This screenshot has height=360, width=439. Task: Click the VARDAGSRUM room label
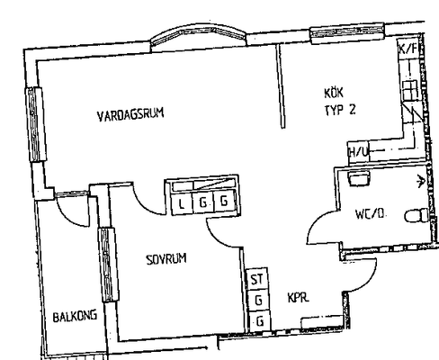[x=130, y=114]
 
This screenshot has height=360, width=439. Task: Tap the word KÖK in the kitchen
[x=334, y=93]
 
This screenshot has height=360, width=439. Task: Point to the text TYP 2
[x=340, y=110]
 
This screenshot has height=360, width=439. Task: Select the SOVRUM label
[x=166, y=259]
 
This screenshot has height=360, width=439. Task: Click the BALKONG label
[x=75, y=316]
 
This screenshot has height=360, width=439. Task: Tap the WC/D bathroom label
[x=370, y=214]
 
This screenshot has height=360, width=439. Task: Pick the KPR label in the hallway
[x=298, y=298]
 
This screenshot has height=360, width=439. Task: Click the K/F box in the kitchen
[x=408, y=49]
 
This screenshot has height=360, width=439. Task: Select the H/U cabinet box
[x=358, y=152]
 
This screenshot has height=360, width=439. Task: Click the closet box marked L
[x=182, y=203]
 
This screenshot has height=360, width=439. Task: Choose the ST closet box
[x=257, y=279]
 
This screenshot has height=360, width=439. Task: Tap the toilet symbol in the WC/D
[x=417, y=215]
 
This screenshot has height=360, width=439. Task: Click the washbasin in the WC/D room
[x=359, y=179]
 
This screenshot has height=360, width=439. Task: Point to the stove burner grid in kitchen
[x=409, y=90]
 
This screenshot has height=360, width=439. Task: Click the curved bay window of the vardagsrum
[x=198, y=33]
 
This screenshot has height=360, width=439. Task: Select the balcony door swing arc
[x=73, y=213]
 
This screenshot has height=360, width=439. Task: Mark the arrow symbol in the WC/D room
[x=421, y=181]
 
